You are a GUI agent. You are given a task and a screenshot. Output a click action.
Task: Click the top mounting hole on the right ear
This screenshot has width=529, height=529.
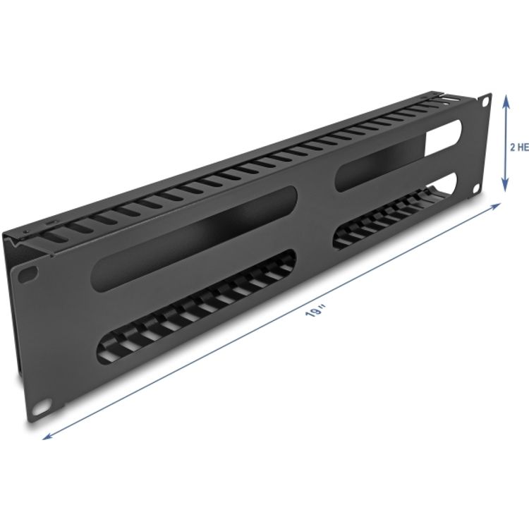pyautogui.click(x=485, y=102)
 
